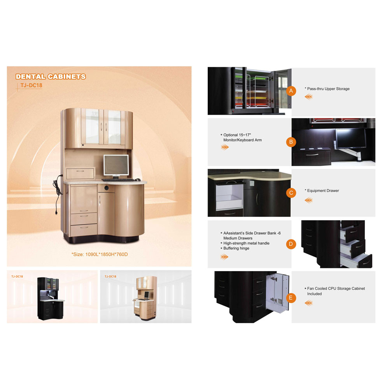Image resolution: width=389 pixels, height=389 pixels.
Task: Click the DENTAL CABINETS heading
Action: tap(51, 77)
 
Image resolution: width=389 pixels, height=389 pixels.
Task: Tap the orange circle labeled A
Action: tap(291, 91)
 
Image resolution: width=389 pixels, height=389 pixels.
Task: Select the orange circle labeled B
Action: tap(291, 142)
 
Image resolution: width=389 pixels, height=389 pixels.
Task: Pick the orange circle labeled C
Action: tap(291, 193)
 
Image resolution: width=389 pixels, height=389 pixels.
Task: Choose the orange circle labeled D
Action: tap(291, 244)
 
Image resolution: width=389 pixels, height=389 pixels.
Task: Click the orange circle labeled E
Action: tap(291, 298)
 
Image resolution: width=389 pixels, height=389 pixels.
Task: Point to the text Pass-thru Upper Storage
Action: tap(328, 89)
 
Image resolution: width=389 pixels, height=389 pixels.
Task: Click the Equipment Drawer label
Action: tap(323, 191)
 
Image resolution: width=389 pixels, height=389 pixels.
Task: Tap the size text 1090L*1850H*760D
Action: tap(107, 254)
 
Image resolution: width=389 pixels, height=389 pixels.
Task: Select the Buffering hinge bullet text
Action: tap(236, 248)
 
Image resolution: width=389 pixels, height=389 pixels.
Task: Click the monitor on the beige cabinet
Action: tap(116, 165)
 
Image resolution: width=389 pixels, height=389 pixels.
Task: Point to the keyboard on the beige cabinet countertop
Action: tap(118, 180)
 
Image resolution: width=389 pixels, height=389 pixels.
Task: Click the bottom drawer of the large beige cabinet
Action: tap(84, 230)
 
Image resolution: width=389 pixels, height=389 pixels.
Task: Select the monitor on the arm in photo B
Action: tap(351, 138)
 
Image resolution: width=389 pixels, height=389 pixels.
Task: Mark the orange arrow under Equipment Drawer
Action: tap(308, 200)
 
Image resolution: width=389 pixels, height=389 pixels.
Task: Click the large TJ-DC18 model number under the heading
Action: tap(31, 85)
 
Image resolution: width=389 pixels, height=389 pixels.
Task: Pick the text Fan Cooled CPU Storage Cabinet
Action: tap(336, 289)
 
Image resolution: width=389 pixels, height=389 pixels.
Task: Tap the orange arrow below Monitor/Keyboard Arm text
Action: tap(225, 147)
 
